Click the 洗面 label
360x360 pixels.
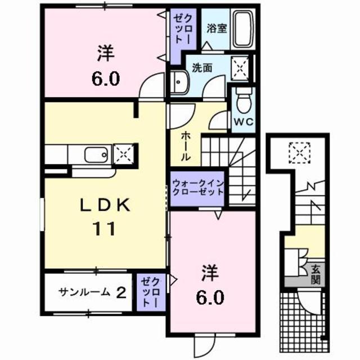tap(201, 67)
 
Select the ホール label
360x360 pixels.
tap(185, 146)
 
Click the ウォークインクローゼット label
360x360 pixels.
tap(198, 187)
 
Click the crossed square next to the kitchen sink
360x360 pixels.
tap(123, 153)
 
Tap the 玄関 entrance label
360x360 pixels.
tap(316, 273)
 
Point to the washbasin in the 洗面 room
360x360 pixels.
tap(179, 83)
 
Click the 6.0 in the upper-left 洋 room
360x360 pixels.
tap(106, 78)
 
